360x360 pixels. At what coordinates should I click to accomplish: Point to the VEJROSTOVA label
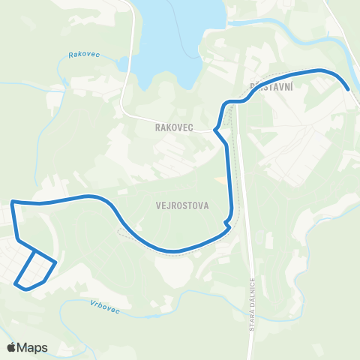pyautogui.click(x=183, y=204)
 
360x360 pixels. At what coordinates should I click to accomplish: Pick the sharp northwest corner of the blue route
pyautogui.click(x=12, y=202)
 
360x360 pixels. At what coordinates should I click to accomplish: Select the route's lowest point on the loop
pyautogui.click(x=25, y=288)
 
